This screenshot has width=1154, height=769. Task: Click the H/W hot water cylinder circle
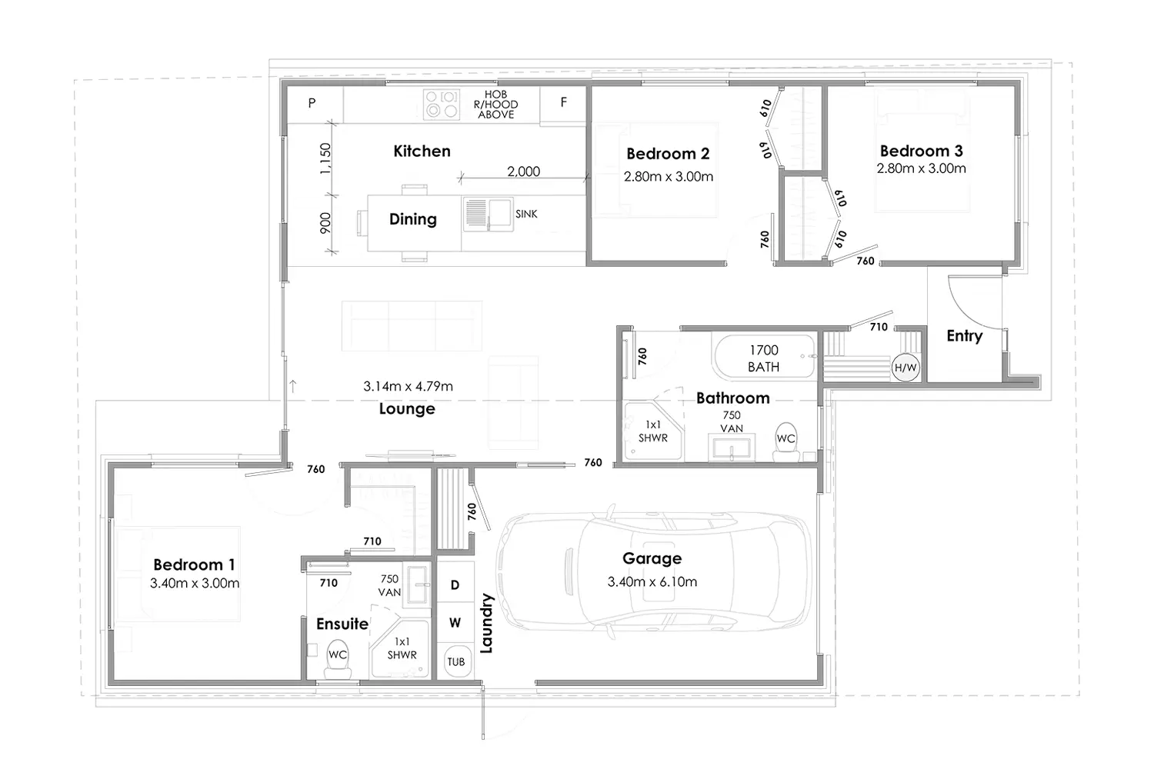pos(906,368)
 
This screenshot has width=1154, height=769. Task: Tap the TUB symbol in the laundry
pos(455,661)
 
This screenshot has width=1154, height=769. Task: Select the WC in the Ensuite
pos(338,659)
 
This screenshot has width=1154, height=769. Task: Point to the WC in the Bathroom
pos(786,442)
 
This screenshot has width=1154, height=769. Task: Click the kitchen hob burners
pos(442,105)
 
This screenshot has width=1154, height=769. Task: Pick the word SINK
pos(526,214)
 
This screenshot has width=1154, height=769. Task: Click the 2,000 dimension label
pos(523,171)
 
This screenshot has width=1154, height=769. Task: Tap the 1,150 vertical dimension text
pos(325,158)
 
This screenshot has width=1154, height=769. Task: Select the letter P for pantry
pos(312,103)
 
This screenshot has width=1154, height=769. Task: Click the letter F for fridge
pos(564,102)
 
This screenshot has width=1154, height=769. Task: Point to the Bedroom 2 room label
pos(668,154)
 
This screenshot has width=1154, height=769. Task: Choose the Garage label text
pos(652,558)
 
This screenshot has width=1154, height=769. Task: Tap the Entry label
pos(965,336)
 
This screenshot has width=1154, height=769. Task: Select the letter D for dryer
pos(455,584)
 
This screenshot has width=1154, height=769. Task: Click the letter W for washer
pos(455,623)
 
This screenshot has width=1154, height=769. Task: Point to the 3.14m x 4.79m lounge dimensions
pos(408,386)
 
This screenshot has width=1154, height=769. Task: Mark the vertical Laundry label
pos(486,623)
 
